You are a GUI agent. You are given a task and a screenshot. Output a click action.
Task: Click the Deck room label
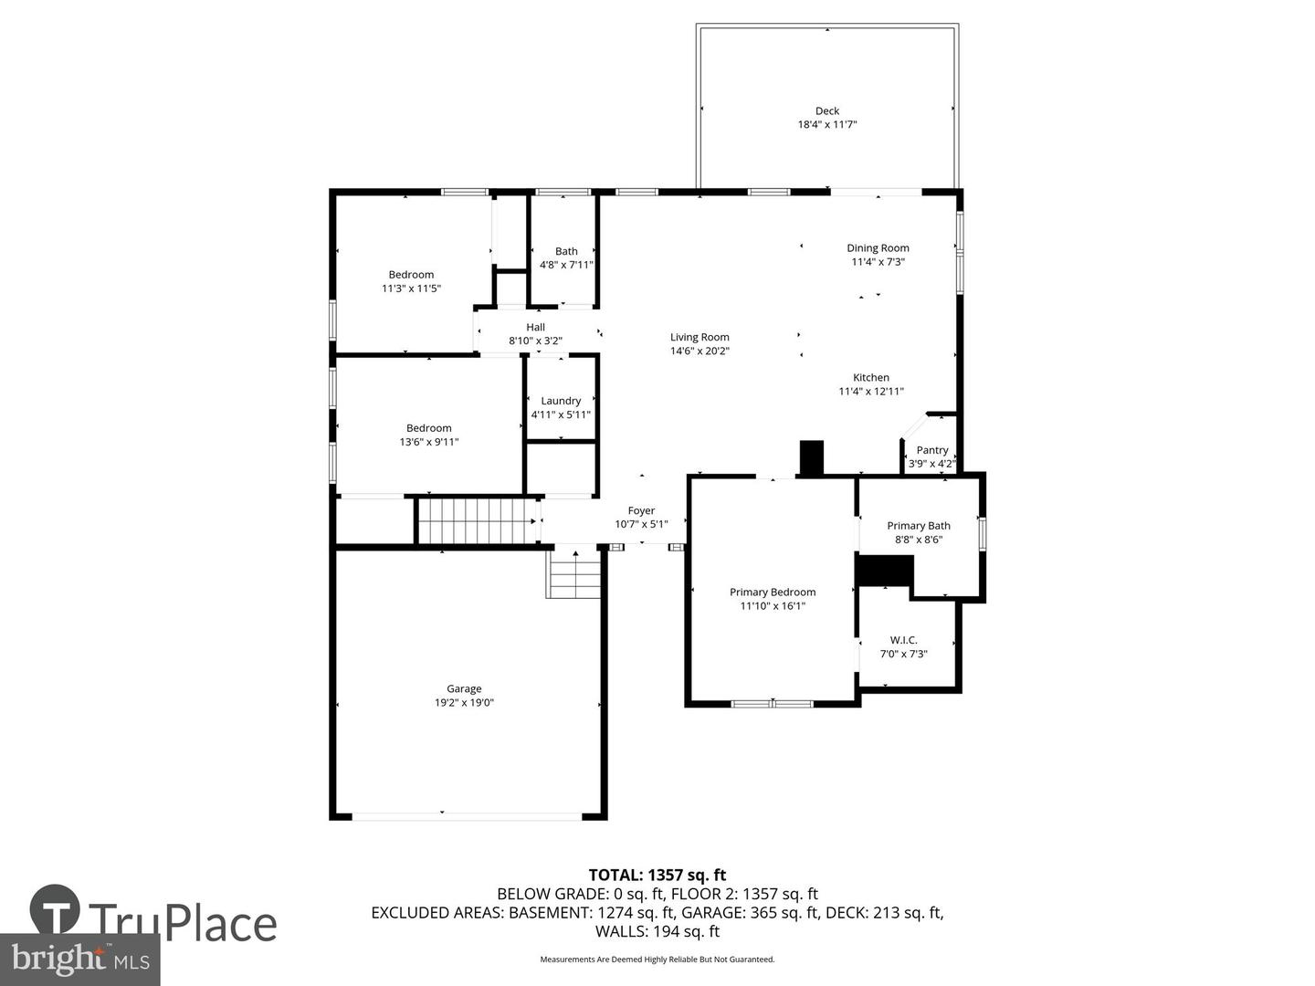[827, 111]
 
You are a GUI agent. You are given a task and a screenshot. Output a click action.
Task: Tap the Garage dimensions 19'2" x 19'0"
[464, 703]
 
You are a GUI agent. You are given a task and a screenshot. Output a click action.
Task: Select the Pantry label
[932, 450]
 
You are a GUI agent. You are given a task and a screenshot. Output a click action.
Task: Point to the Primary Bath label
[919, 526]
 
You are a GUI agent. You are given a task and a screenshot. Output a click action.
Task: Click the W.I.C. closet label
[903, 640]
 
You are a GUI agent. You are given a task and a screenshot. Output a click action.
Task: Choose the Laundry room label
[561, 401]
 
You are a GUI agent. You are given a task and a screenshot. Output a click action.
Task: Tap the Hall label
[535, 328]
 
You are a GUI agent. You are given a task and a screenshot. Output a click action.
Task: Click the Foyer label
[641, 511]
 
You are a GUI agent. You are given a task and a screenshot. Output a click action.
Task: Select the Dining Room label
[878, 248]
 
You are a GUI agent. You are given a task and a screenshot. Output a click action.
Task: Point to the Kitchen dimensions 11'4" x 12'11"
[871, 392]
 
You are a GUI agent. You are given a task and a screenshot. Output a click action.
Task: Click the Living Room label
[700, 338]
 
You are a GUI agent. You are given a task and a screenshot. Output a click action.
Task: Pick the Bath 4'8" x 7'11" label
[566, 252]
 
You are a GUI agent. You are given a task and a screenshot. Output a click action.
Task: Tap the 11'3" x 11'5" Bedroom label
[411, 275]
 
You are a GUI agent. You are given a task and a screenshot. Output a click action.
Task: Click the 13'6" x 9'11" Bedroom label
[428, 428]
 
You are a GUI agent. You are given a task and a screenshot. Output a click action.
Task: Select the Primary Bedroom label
[773, 593]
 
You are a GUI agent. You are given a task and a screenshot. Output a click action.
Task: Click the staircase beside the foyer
[477, 520]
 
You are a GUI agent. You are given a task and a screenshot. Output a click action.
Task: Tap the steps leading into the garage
[573, 575]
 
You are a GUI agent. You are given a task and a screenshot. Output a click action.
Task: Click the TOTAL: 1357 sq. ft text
[657, 876]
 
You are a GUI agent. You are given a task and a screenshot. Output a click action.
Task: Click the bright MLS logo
[80, 960]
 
